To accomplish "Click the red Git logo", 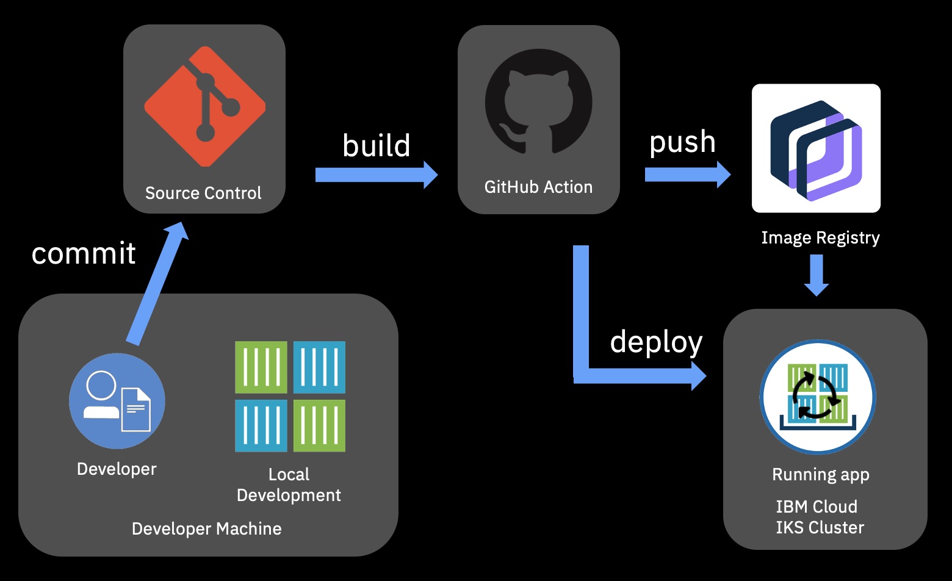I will pyautogui.click(x=204, y=106).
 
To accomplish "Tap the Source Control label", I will pyautogui.click(x=203, y=193).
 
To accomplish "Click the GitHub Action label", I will pyautogui.click(x=538, y=187).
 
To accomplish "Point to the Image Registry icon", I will pyautogui.click(x=816, y=148).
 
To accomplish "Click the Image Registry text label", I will pyautogui.click(x=820, y=237).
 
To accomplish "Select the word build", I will pyautogui.click(x=376, y=145).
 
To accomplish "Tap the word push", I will pyautogui.click(x=682, y=142).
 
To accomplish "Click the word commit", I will pyautogui.click(x=84, y=253).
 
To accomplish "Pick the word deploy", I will pyautogui.click(x=656, y=342).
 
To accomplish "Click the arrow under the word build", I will pyautogui.click(x=375, y=175).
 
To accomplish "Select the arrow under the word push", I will pyautogui.click(x=687, y=175).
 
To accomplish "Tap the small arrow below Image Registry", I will pyautogui.click(x=816, y=275).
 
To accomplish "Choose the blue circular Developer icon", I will pyautogui.click(x=117, y=401).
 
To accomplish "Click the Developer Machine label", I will pyautogui.click(x=206, y=529).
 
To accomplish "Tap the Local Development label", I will pyautogui.click(x=289, y=485).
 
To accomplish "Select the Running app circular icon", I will pyautogui.click(x=817, y=397).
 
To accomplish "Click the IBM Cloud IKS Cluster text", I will pyautogui.click(x=820, y=517).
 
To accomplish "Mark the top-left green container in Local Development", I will pyautogui.click(x=261, y=367).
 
